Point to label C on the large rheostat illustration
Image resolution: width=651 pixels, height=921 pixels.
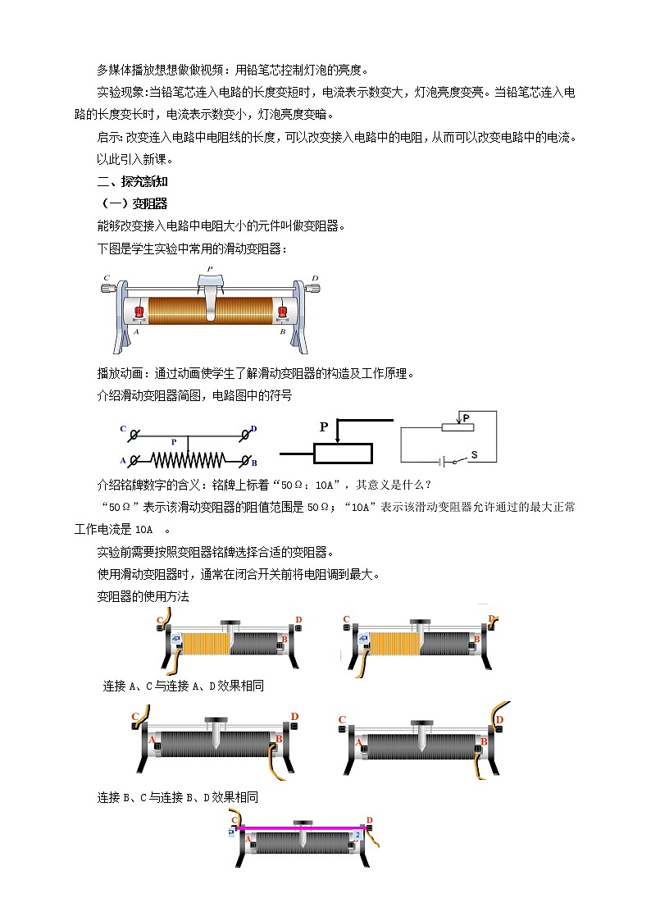tap(107, 278)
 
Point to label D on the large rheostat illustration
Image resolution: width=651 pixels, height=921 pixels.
tap(316, 278)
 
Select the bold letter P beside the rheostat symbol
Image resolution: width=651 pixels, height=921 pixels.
tap(324, 427)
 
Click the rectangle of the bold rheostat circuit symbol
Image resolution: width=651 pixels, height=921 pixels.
tap(343, 454)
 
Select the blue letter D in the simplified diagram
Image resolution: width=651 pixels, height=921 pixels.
tap(254, 429)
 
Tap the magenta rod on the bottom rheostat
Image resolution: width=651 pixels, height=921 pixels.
tap(303, 828)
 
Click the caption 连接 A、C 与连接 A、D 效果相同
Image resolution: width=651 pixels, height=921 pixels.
tap(184, 686)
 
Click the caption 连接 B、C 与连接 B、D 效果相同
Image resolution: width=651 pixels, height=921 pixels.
tap(178, 796)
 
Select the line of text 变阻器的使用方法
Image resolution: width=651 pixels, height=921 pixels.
tap(143, 596)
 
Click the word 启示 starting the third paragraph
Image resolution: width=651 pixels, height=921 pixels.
tap(109, 137)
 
